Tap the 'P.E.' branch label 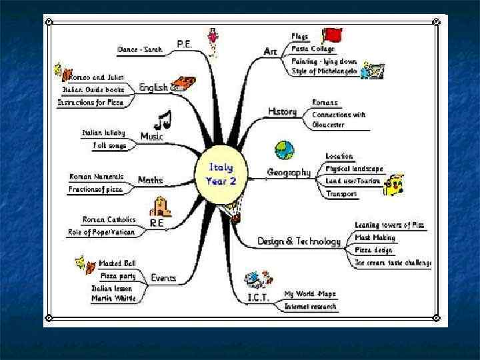[x=185, y=44]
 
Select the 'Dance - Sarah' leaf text [x=140, y=50]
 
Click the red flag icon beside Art [x=331, y=35]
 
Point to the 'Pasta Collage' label [x=313, y=49]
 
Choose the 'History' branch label [x=282, y=111]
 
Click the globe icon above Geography [x=285, y=150]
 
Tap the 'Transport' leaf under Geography [x=341, y=194]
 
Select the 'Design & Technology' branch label [x=290, y=241]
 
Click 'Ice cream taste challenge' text [x=393, y=263]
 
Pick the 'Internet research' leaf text [x=311, y=307]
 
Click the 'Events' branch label [x=163, y=277]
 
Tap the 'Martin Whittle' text [x=113, y=298]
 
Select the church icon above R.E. [x=160, y=207]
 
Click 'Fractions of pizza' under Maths [x=96, y=189]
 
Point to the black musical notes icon [x=162, y=119]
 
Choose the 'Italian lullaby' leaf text [x=103, y=133]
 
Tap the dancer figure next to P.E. [x=213, y=41]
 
